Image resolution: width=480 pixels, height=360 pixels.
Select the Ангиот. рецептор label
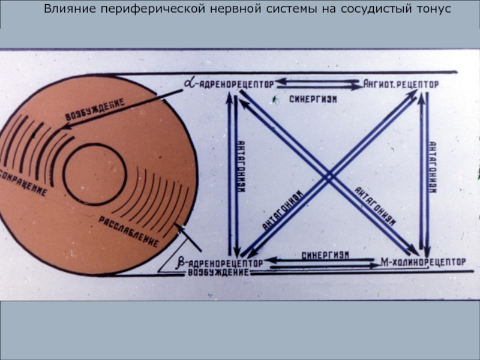(x=401, y=84)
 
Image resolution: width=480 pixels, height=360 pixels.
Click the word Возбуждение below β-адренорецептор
(x=217, y=273)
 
